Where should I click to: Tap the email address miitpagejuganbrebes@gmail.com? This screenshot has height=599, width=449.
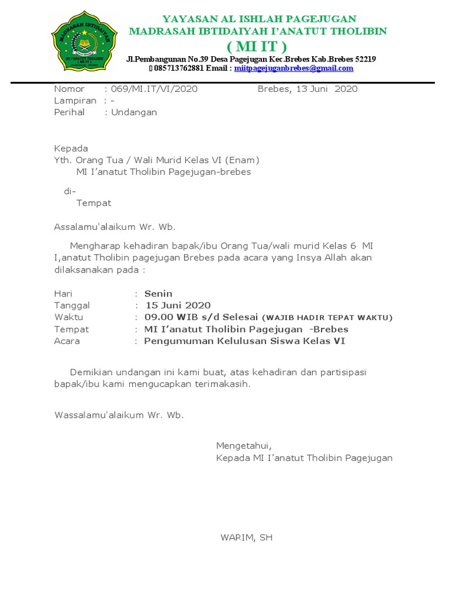pyautogui.click(x=293, y=68)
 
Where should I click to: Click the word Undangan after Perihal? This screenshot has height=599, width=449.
pyautogui.click(x=134, y=112)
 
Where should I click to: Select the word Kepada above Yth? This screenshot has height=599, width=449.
pyautogui.click(x=71, y=148)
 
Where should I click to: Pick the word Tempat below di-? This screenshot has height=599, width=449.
pyautogui.click(x=94, y=203)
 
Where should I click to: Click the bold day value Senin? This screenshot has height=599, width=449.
pyautogui.click(x=158, y=294)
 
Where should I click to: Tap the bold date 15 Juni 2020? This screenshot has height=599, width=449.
pyautogui.click(x=178, y=305)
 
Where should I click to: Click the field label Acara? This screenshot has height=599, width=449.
pyautogui.click(x=67, y=340)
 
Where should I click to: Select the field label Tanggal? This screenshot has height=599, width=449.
pyautogui.click(x=72, y=305)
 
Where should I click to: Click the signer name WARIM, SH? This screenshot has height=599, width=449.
pyautogui.click(x=246, y=537)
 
